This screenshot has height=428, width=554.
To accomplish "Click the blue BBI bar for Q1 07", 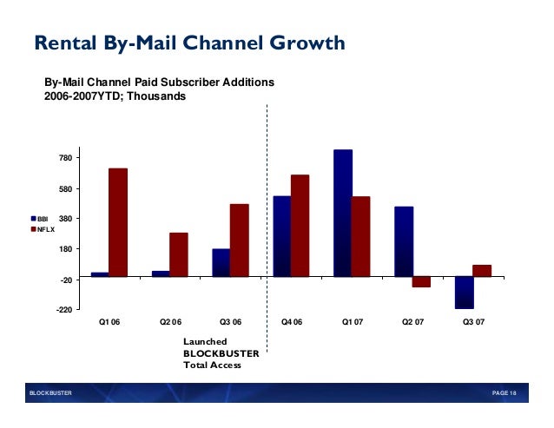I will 343,214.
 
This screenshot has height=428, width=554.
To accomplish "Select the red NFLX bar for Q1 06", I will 118,222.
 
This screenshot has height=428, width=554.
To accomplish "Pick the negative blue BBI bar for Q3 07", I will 465,293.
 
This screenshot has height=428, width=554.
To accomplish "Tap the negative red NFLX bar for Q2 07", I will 422,282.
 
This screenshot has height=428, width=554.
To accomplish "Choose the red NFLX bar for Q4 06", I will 300,226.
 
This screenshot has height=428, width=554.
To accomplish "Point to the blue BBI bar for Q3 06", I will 221,263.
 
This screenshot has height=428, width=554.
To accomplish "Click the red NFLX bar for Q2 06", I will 179,254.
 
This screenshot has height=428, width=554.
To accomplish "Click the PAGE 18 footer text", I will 504,394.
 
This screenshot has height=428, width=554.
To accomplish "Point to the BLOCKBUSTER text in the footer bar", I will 51,394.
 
